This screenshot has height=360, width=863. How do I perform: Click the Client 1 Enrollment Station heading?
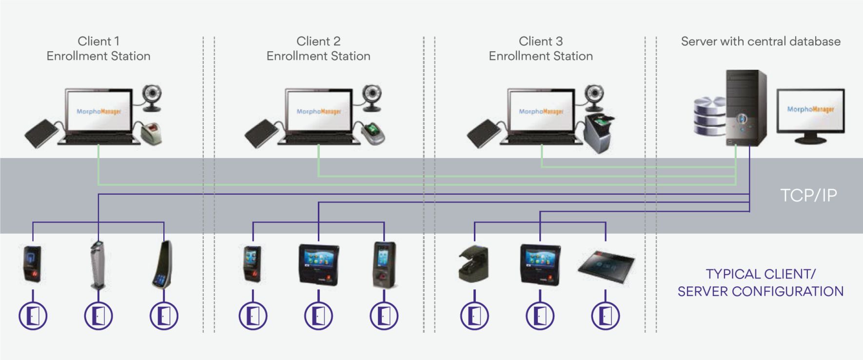point(98,48)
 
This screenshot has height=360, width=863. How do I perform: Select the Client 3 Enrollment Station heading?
point(540,48)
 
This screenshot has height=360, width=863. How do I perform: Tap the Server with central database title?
point(760,41)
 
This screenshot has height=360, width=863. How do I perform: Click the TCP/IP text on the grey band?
point(808,195)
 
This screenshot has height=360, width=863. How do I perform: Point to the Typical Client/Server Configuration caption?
point(760,282)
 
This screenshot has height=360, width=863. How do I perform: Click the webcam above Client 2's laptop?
point(373,96)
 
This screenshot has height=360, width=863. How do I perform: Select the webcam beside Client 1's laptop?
point(153,96)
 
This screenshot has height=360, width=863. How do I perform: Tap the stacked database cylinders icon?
point(709,116)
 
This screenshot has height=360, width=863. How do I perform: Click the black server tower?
point(745,108)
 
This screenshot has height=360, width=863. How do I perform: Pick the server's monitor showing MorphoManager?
point(810,112)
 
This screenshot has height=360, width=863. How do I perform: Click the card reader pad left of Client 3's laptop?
point(484,133)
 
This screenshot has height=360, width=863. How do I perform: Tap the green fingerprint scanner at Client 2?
point(373,133)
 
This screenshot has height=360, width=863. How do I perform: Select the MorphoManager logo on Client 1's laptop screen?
point(98,112)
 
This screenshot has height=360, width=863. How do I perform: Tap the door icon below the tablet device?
point(605,316)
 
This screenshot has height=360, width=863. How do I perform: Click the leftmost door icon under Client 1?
point(33,316)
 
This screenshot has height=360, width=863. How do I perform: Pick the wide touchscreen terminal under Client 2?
point(318,264)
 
